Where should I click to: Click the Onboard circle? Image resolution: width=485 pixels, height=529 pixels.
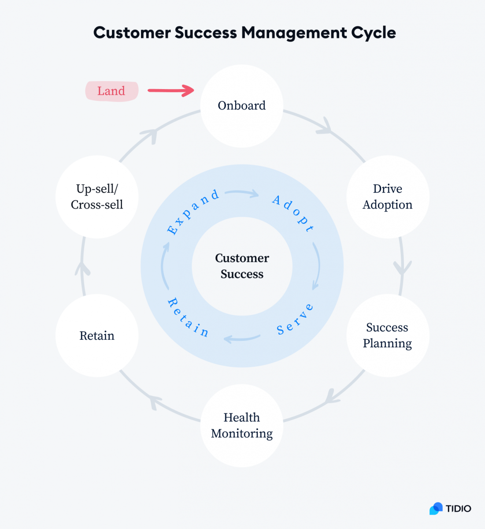point(242,106)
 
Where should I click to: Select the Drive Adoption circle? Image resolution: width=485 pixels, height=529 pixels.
point(388,197)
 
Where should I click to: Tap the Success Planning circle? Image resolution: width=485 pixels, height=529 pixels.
point(388,335)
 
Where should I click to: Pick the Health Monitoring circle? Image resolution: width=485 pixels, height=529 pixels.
point(242,425)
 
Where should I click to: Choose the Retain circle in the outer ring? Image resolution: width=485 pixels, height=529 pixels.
point(97,335)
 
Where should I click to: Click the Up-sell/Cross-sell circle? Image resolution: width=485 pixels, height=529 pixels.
point(97,197)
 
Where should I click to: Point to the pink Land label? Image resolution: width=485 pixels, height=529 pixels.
point(111,91)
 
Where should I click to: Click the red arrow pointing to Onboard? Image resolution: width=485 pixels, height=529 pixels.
point(171,90)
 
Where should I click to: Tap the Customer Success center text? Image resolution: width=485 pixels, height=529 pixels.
point(242,266)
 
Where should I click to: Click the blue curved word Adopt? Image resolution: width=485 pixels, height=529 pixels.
point(293,213)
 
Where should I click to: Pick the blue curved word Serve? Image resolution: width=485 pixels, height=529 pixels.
point(295,319)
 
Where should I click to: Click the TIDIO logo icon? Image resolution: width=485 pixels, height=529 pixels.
point(436,509)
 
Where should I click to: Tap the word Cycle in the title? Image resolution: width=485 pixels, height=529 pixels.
point(374,33)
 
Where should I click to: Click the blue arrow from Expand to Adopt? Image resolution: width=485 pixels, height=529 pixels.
point(242,193)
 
